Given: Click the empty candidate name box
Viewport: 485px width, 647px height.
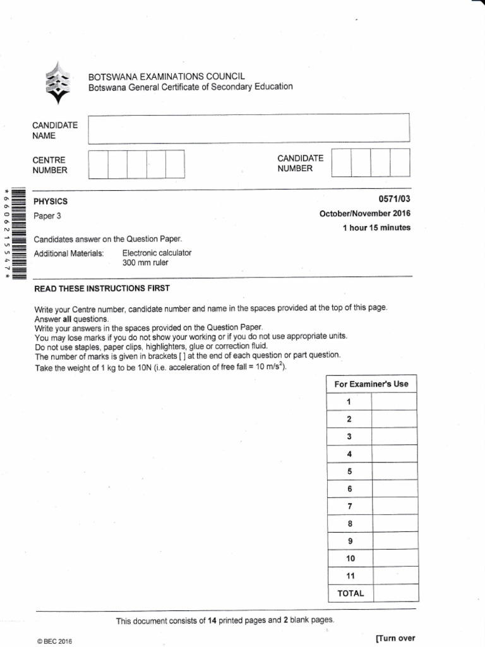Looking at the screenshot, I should click(x=249, y=130).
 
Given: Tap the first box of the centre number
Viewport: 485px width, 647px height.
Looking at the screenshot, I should click(x=98, y=164).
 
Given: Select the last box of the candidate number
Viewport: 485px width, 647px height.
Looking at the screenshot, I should click(x=400, y=162).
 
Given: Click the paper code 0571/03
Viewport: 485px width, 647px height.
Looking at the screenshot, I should click(x=395, y=199).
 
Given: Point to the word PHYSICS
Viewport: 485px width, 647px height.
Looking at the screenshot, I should click(x=51, y=202).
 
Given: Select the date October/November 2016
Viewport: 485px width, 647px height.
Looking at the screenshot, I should click(x=365, y=214).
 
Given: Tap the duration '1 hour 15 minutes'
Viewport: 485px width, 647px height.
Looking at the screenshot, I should click(x=376, y=228).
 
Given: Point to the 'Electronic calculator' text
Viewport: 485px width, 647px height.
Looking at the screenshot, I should click(x=157, y=253).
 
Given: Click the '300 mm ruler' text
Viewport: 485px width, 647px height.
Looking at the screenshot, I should click(x=145, y=262).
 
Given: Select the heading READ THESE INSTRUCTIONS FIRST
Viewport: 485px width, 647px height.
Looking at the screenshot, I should click(x=102, y=288).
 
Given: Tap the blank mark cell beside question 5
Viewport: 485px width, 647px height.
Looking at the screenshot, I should click(x=394, y=471).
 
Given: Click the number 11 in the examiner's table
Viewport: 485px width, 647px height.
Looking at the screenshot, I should click(x=351, y=576).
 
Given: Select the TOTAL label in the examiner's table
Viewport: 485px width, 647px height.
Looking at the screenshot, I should click(x=350, y=593).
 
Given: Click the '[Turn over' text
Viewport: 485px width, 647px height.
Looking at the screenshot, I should click(x=395, y=638).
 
